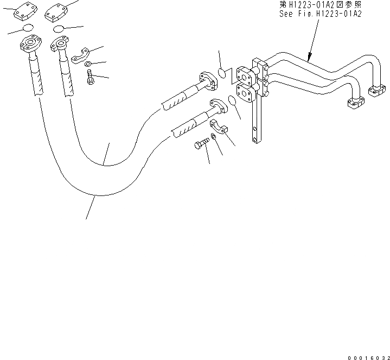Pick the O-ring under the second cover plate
59,29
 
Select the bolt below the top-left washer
90,79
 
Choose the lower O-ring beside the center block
232,101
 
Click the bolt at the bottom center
200,144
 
